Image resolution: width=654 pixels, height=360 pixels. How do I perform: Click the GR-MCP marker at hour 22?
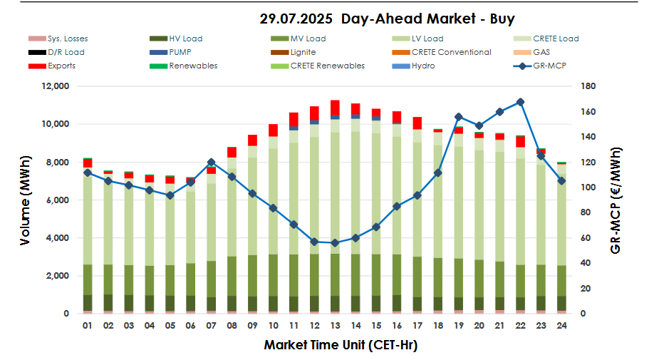click(x=521, y=102)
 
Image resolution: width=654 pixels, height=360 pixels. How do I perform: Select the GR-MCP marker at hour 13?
click(x=335, y=242)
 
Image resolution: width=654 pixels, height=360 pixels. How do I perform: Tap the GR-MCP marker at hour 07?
click(x=211, y=163)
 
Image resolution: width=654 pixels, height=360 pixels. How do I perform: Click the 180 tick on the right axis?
click(x=596, y=86)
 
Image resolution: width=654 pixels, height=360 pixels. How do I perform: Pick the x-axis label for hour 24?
click(x=561, y=326)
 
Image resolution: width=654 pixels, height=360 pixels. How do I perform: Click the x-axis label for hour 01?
click(x=87, y=326)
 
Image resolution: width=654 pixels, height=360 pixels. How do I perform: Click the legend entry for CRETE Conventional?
click(x=451, y=52)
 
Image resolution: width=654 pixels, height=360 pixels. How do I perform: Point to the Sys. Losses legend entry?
click(x=68, y=38)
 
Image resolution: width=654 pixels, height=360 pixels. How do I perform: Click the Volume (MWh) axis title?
click(x=26, y=200)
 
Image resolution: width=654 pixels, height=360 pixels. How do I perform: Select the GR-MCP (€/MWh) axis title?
click(x=617, y=200)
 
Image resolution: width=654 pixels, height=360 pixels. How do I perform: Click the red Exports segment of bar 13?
click(x=335, y=107)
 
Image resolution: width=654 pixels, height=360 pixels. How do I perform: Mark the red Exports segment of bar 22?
click(x=521, y=141)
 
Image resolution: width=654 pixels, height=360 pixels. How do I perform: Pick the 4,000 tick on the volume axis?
click(x=57, y=238)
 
